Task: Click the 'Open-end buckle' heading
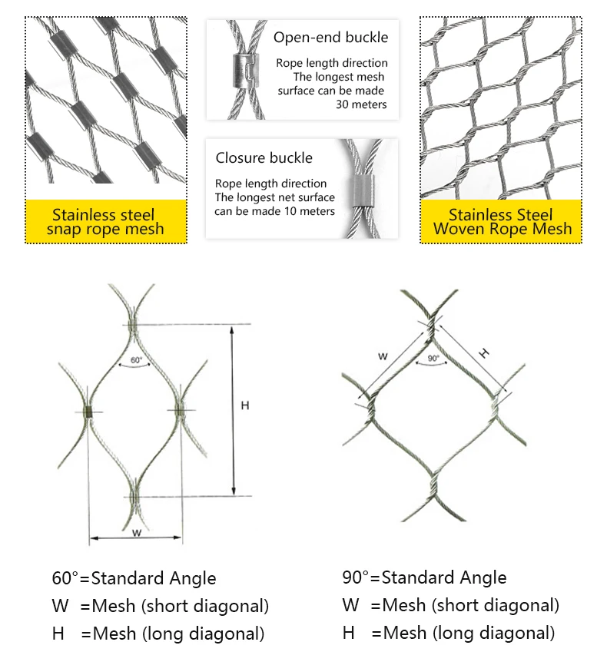pyautogui.click(x=331, y=38)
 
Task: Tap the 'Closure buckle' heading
pyautogui.click(x=264, y=158)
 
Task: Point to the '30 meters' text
pyautogui.click(x=361, y=104)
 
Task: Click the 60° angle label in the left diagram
pyautogui.click(x=137, y=359)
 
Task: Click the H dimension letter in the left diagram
pyautogui.click(x=245, y=405)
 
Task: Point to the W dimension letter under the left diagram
pyautogui.click(x=136, y=532)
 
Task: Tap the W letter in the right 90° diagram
pyautogui.click(x=383, y=356)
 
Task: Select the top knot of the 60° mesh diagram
pyautogui.click(x=134, y=326)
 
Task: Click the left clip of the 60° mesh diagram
pyautogui.click(x=89, y=412)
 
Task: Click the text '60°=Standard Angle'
pyautogui.click(x=134, y=578)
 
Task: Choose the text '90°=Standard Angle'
pyautogui.click(x=424, y=577)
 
